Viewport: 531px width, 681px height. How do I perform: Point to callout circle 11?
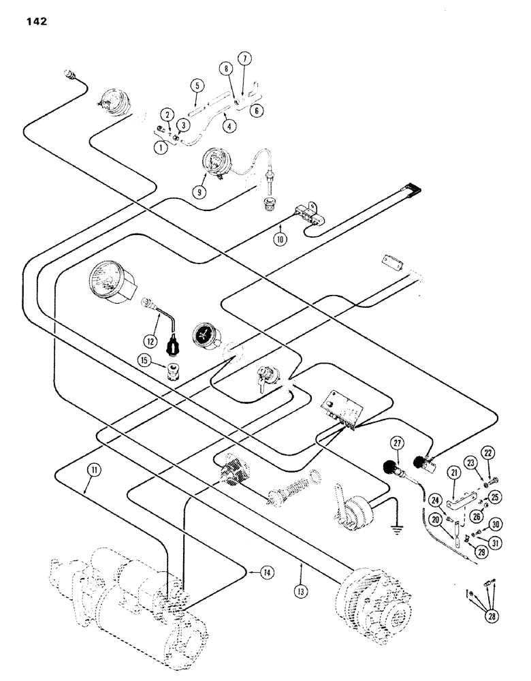click(92, 469)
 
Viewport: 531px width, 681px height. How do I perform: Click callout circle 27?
click(397, 443)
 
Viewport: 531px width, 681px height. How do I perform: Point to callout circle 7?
click(244, 57)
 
